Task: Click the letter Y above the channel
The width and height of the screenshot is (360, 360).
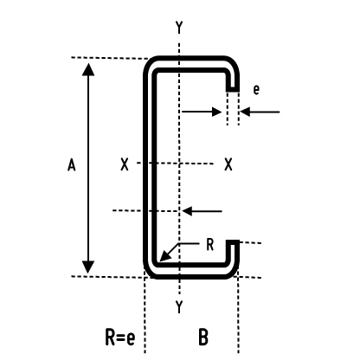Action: click(x=179, y=28)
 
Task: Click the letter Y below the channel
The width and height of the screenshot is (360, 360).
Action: click(x=179, y=307)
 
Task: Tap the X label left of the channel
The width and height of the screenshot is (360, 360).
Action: click(x=125, y=164)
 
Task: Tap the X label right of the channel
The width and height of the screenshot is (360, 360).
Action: click(x=228, y=164)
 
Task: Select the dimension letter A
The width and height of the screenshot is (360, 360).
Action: click(x=71, y=165)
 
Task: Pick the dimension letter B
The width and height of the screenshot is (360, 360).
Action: click(x=203, y=337)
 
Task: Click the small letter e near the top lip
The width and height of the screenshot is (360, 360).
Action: click(x=256, y=90)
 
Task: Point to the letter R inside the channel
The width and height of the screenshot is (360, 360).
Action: click(x=210, y=245)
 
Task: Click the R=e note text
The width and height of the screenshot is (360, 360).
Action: click(x=120, y=337)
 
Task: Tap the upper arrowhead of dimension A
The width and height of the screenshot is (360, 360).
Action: click(x=88, y=69)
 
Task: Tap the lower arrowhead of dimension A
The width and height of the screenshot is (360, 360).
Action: click(x=88, y=267)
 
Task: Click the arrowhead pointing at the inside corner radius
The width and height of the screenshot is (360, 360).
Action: click(x=164, y=256)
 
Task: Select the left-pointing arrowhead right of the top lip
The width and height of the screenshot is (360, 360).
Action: click(x=245, y=112)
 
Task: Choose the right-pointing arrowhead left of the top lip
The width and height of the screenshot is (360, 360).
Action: click(x=216, y=112)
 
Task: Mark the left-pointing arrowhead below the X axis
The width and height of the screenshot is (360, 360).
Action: click(x=187, y=211)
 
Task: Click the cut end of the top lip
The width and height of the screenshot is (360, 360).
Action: click(x=233, y=90)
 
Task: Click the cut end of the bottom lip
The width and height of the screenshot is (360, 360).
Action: click(x=233, y=241)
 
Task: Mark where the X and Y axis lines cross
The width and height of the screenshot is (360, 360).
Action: click(x=179, y=164)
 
